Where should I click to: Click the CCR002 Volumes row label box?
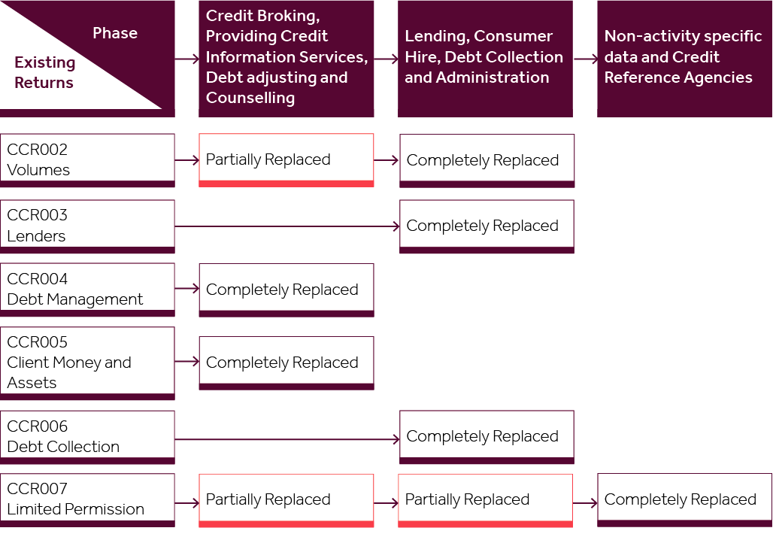87,159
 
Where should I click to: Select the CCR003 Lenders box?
87,226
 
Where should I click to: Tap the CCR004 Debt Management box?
87,290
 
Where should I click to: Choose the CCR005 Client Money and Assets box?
87,363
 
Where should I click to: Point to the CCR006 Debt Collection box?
87,436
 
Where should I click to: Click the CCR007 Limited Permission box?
87,499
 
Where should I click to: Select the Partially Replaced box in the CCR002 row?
286,159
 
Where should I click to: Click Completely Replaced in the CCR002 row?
487,160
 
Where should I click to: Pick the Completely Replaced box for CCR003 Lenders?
487,226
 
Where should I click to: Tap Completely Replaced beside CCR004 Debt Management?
286,290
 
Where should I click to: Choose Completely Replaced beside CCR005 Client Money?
286,363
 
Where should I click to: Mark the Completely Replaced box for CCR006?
487,436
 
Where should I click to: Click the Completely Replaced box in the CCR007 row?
684,499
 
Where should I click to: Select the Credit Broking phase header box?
286,57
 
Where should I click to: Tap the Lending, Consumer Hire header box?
485,57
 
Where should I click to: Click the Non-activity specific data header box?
684,57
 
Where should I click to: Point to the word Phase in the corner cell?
115,33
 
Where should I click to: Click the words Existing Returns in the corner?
44,73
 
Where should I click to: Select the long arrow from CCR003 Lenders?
286,226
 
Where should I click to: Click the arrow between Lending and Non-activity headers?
585,58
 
